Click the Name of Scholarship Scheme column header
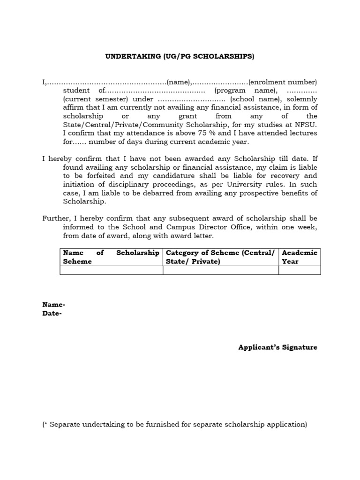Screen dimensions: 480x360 pyautogui.click(x=111, y=257)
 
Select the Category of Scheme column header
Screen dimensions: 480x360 pyautogui.click(x=220, y=257)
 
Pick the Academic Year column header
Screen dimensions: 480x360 pyautogui.click(x=300, y=257)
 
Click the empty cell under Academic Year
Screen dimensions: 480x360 pyautogui.click(x=300, y=270)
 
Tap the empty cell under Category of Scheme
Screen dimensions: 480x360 pyautogui.click(x=220, y=270)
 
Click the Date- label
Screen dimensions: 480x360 pyautogui.click(x=52, y=314)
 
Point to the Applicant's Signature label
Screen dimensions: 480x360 pyautogui.click(x=277, y=347)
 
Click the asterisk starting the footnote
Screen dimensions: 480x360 pyautogui.click(x=46, y=424)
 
